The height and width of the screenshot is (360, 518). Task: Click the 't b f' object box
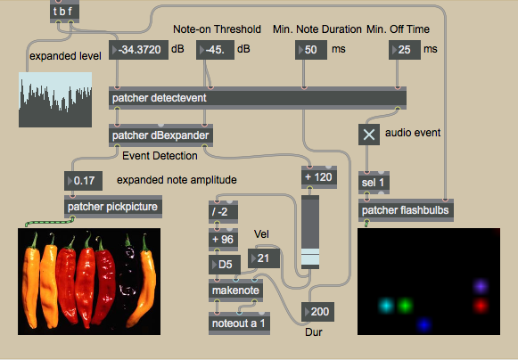pyautogui.click(x=64, y=12)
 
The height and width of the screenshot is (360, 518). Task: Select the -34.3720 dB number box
pyautogui.click(x=138, y=50)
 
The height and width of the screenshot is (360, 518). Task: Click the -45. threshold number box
pyautogui.click(x=215, y=50)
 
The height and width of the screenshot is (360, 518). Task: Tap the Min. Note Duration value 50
pyautogui.click(x=311, y=50)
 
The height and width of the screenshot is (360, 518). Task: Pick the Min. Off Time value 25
pyautogui.click(x=405, y=50)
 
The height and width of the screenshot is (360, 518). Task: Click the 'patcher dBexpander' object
pyautogui.click(x=160, y=135)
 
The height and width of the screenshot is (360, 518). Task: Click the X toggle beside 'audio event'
pyautogui.click(x=369, y=135)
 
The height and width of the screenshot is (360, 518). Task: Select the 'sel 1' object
pyautogui.click(x=374, y=183)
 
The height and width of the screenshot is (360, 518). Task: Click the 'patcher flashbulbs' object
pyautogui.click(x=406, y=210)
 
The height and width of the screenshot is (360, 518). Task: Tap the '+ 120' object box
pyautogui.click(x=319, y=177)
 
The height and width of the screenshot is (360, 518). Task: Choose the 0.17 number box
pyautogui.click(x=83, y=181)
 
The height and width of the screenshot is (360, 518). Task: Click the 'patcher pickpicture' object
pyautogui.click(x=113, y=207)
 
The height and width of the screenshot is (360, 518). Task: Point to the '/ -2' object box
pyautogui.click(x=223, y=212)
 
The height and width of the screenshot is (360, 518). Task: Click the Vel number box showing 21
pyautogui.click(x=264, y=258)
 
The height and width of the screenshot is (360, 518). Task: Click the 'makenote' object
pyautogui.click(x=236, y=290)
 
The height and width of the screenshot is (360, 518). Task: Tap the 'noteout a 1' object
pyautogui.click(x=239, y=323)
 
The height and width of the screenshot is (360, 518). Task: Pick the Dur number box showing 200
pyautogui.click(x=317, y=312)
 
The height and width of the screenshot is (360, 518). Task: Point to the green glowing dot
pyautogui.click(x=405, y=306)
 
